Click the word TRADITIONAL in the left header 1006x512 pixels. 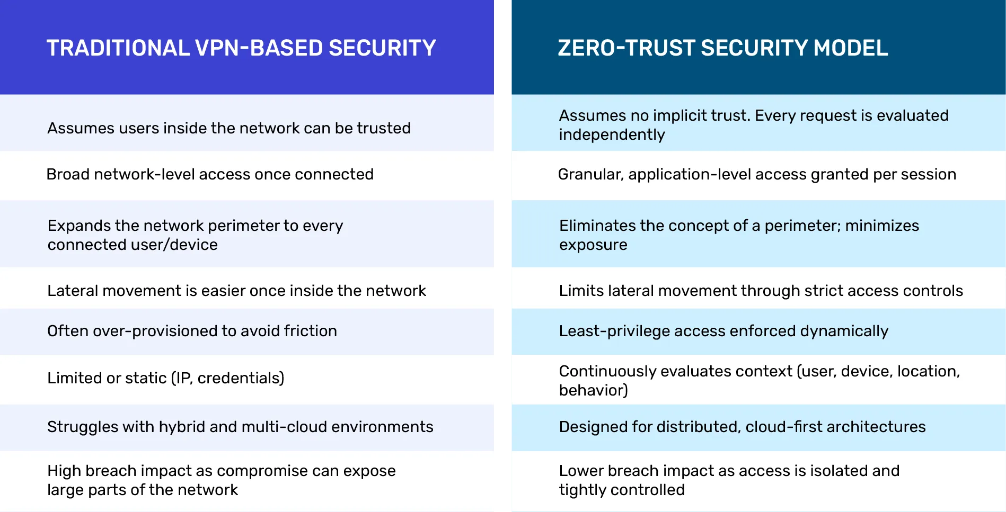[118, 48]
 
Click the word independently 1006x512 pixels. [612, 135]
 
